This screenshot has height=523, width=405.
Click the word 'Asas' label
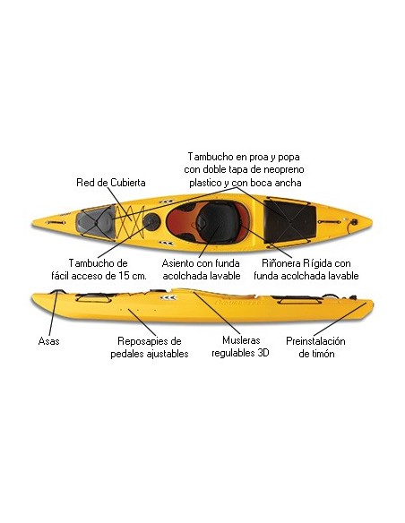[x=48, y=341]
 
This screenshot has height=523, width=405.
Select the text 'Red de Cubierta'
[x=111, y=183]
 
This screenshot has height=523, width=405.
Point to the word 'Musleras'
[x=241, y=340]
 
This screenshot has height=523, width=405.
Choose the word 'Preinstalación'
[x=315, y=341]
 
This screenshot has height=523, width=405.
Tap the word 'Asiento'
[x=178, y=263]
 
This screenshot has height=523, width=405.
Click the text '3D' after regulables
[x=263, y=353]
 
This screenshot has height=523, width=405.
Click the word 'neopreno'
[x=283, y=170]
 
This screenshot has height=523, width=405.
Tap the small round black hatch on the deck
[x=151, y=220]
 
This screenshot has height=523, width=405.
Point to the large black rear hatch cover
[x=289, y=221]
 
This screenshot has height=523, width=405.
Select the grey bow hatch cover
[x=95, y=220]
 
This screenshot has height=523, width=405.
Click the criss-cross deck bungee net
[x=131, y=221]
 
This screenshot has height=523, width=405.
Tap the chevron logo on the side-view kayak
[x=168, y=297]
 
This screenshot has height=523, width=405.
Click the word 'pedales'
[x=126, y=354]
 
